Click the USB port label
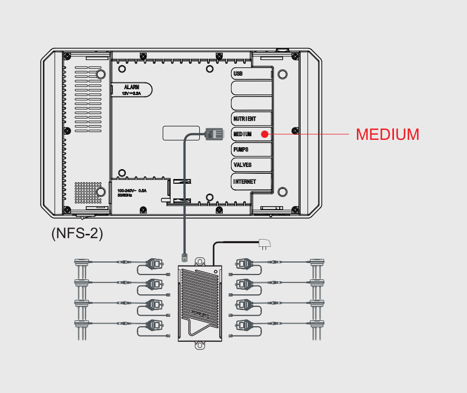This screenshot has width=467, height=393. point(238,74)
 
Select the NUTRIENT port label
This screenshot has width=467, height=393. point(245,119)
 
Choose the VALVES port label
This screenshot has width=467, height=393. point(243,165)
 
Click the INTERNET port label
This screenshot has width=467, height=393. point(245,182)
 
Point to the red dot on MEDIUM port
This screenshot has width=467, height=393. point(265,134)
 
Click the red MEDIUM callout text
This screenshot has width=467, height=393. point(387,134)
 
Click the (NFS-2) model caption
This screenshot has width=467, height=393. point(77,233)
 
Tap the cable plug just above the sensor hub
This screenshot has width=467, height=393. point(184,256)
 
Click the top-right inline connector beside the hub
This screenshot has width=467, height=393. point(244,264)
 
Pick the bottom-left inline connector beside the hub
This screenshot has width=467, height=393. point(154,325)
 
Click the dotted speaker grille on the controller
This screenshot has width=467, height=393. point(87,192)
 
